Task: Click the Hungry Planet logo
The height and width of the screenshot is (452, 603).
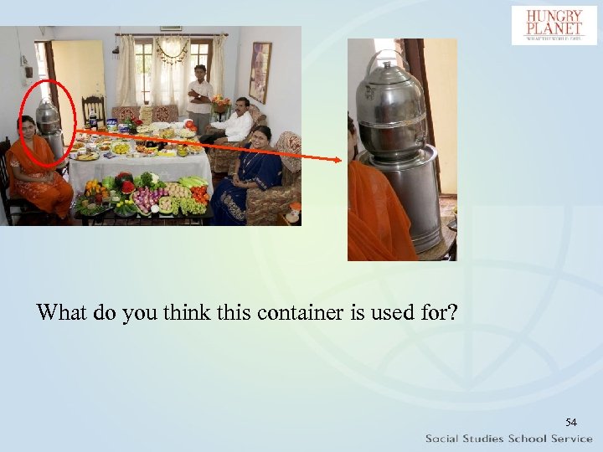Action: pos(554,25)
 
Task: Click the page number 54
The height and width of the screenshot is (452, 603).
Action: pos(571,422)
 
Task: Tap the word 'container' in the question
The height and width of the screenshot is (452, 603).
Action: pos(286,314)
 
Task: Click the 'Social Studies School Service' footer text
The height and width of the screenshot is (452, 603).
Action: pos(508,439)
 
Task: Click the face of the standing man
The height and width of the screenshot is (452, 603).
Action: pos(198,72)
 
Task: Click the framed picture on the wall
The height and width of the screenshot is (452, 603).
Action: pos(260,72)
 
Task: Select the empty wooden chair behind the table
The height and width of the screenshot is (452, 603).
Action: pos(94,109)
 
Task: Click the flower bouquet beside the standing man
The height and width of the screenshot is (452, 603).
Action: pos(220,102)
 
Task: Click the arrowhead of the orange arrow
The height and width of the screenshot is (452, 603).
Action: pos(342,160)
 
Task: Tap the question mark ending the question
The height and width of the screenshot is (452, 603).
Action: pos(452,314)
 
